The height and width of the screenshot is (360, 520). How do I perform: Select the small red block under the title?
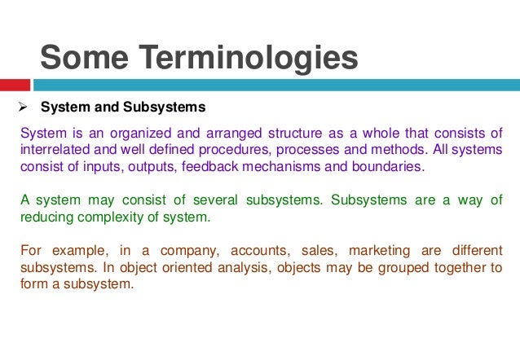click(15, 84)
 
